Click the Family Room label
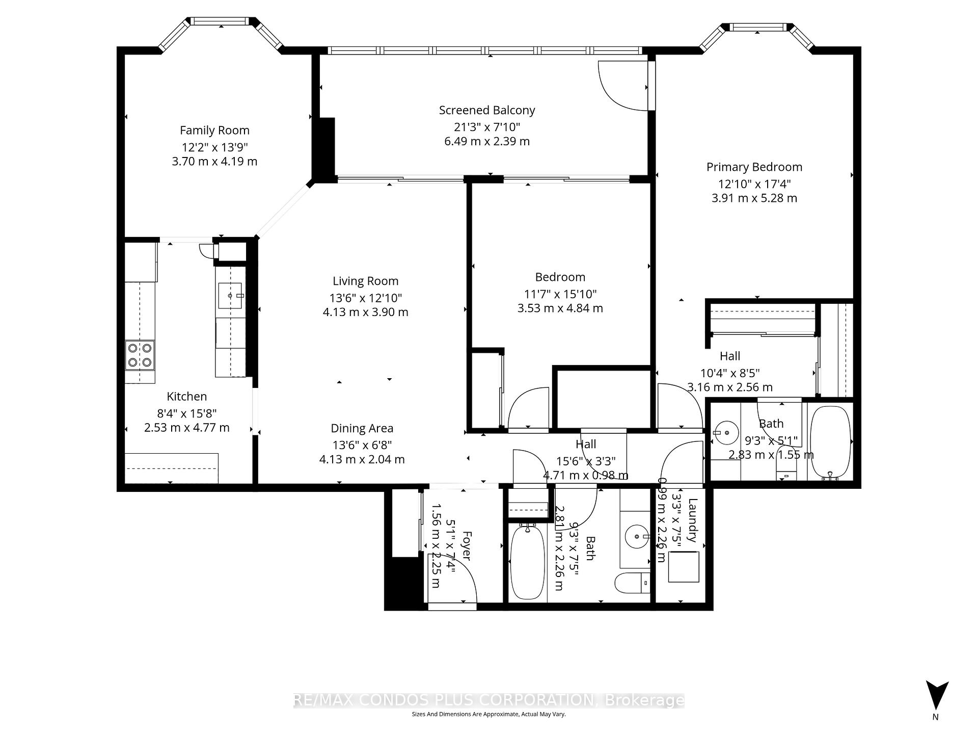tap(214, 130)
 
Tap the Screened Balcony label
tap(487, 110)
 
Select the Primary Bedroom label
tap(754, 167)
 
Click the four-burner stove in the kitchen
tap(140, 355)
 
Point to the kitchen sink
tap(230, 296)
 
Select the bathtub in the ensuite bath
tap(830, 441)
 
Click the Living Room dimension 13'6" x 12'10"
tap(365, 298)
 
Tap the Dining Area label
tap(362, 429)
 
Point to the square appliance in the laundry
tap(684, 567)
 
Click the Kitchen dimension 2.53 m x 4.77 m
tap(186, 428)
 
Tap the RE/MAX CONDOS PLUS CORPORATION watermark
tap(489, 700)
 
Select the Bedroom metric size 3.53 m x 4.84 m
tap(560, 308)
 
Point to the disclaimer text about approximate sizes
tap(489, 714)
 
